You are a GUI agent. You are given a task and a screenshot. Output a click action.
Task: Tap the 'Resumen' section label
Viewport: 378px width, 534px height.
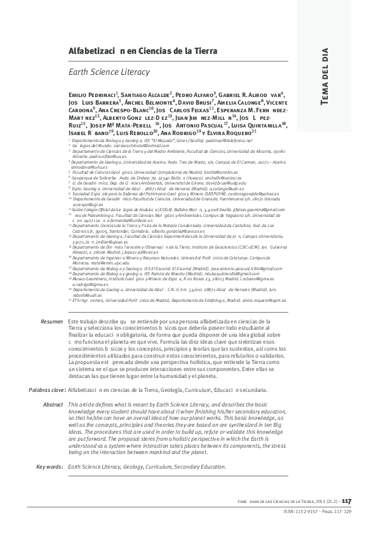click(51, 322)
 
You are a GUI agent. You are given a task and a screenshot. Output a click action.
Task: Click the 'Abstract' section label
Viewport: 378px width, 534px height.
click(52, 386)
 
